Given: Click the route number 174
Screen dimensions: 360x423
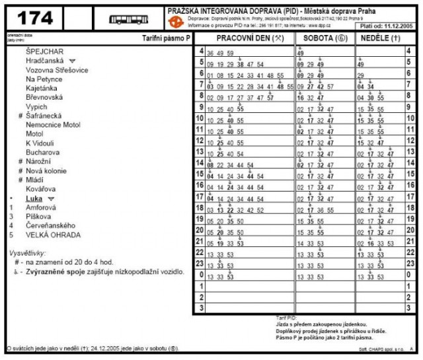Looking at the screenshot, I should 35,18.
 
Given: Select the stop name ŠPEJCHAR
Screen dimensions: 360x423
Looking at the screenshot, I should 45,51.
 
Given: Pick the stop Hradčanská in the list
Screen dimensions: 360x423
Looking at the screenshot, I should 44,60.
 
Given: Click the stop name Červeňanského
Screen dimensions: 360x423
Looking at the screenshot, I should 51,225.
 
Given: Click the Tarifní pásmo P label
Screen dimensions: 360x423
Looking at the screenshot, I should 166,39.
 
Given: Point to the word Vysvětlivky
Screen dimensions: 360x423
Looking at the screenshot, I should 27,253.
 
